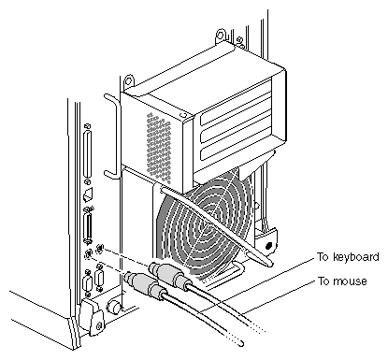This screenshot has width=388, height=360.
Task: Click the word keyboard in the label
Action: point(356,257)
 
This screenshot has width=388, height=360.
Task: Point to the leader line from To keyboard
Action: point(256,285)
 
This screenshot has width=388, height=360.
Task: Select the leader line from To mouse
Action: point(279,297)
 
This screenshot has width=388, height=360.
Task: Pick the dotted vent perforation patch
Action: point(159,148)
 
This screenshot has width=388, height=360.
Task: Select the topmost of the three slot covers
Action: point(236,102)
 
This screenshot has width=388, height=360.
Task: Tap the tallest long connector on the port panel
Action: point(87,154)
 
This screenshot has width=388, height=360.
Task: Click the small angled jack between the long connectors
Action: point(88,195)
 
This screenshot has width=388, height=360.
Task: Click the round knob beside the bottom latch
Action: point(114,308)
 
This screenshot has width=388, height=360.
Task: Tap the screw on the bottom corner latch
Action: point(99,326)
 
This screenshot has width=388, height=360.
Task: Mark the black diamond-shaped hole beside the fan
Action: point(268,246)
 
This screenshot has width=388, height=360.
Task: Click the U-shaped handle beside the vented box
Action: point(113,137)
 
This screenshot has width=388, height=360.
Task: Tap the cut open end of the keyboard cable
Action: point(241,344)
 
